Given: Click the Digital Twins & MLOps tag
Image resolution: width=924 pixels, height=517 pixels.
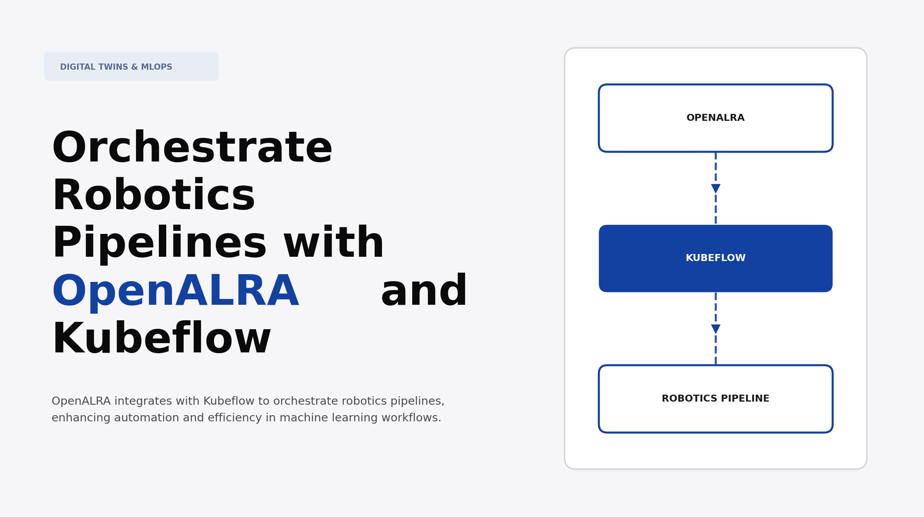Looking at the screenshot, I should [x=131, y=66].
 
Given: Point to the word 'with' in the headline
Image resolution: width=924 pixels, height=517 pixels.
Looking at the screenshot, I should [x=334, y=243].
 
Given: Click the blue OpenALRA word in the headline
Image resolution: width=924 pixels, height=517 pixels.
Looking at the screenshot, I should [x=175, y=291].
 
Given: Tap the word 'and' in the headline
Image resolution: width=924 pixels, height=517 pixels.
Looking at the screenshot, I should [x=424, y=291].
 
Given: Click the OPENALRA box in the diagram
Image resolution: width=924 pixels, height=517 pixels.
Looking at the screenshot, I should [x=715, y=118].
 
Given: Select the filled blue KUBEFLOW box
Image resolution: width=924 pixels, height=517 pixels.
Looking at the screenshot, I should [x=715, y=258].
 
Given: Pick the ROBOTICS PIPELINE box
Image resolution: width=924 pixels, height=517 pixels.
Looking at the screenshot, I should [x=715, y=398].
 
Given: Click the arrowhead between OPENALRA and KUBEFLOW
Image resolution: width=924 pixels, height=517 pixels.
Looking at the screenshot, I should [x=716, y=189].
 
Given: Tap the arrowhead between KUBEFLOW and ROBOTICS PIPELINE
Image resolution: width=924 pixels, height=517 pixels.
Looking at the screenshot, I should [x=716, y=329].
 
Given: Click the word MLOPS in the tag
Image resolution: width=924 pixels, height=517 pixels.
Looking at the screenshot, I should [x=157, y=67].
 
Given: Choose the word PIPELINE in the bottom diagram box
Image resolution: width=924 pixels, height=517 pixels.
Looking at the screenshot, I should [x=745, y=398].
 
